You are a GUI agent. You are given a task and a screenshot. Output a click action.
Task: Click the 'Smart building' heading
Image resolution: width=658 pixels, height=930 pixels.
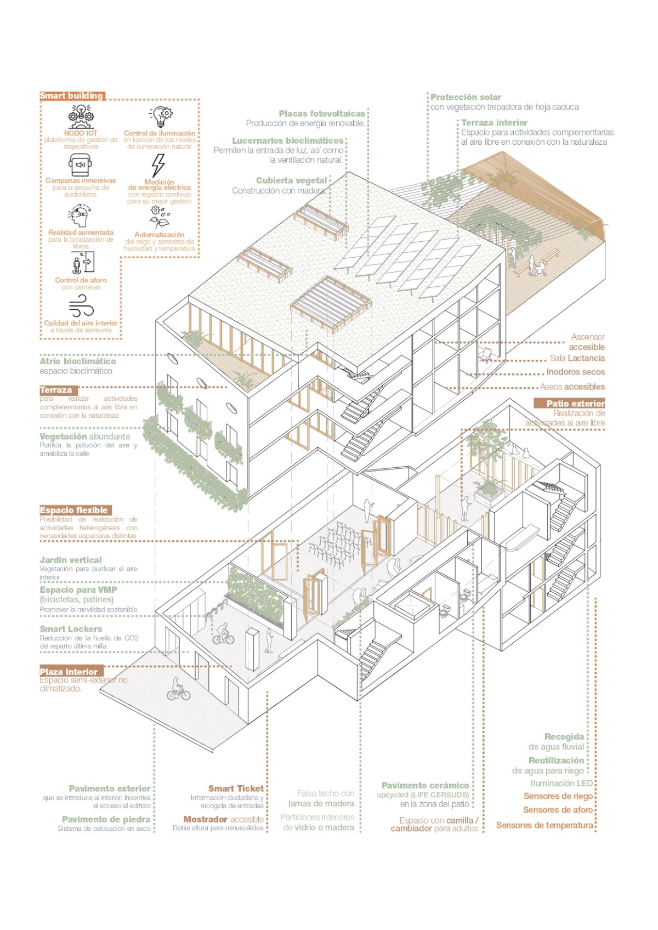[71, 96]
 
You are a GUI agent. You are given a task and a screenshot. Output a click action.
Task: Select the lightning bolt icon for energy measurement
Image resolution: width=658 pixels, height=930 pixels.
[158, 165]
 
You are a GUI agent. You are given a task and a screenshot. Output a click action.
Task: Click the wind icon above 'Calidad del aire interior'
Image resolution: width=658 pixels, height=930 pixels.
[81, 307]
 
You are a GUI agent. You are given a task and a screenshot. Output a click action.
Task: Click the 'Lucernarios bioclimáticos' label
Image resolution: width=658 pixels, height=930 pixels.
[288, 141]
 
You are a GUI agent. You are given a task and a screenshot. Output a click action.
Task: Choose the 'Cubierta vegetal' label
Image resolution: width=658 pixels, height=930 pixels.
[291, 180]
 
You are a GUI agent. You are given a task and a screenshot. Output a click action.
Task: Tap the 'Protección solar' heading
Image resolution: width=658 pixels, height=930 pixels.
[466, 97]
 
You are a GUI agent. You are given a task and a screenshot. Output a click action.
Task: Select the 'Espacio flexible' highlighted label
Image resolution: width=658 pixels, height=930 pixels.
[74, 510]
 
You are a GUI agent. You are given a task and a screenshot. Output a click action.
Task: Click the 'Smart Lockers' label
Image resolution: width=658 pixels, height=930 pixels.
[71, 629]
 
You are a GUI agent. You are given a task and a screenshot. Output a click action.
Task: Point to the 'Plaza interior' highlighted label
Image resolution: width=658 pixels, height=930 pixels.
[69, 672]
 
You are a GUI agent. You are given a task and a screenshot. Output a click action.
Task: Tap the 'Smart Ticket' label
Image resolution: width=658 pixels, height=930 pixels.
[236, 789]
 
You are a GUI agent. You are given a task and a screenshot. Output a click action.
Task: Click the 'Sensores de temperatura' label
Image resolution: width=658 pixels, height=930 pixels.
[544, 825]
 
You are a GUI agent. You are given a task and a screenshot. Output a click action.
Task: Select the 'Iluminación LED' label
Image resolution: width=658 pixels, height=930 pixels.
[561, 784]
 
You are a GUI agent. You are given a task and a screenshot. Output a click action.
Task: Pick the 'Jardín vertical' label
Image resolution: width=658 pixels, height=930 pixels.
[70, 560]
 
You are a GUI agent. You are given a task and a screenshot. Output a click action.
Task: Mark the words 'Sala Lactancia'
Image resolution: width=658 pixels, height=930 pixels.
[577, 358]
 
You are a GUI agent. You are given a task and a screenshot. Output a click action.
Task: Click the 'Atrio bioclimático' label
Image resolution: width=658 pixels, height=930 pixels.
[78, 361]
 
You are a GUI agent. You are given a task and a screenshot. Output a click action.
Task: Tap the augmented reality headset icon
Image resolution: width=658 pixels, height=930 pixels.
[80, 216]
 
